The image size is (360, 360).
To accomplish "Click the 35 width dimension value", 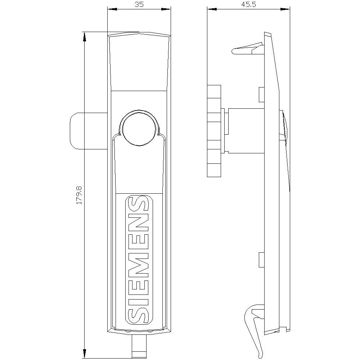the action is click(x=139, y=4).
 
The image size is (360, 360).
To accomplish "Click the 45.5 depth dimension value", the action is click(x=249, y=4).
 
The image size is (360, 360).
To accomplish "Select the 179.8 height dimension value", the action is click(x=79, y=195).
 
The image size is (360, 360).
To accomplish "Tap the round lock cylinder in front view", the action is click(x=139, y=129).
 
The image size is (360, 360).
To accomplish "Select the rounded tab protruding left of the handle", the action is click(x=89, y=131).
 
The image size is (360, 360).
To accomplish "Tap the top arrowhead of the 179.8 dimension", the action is click(x=85, y=37).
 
